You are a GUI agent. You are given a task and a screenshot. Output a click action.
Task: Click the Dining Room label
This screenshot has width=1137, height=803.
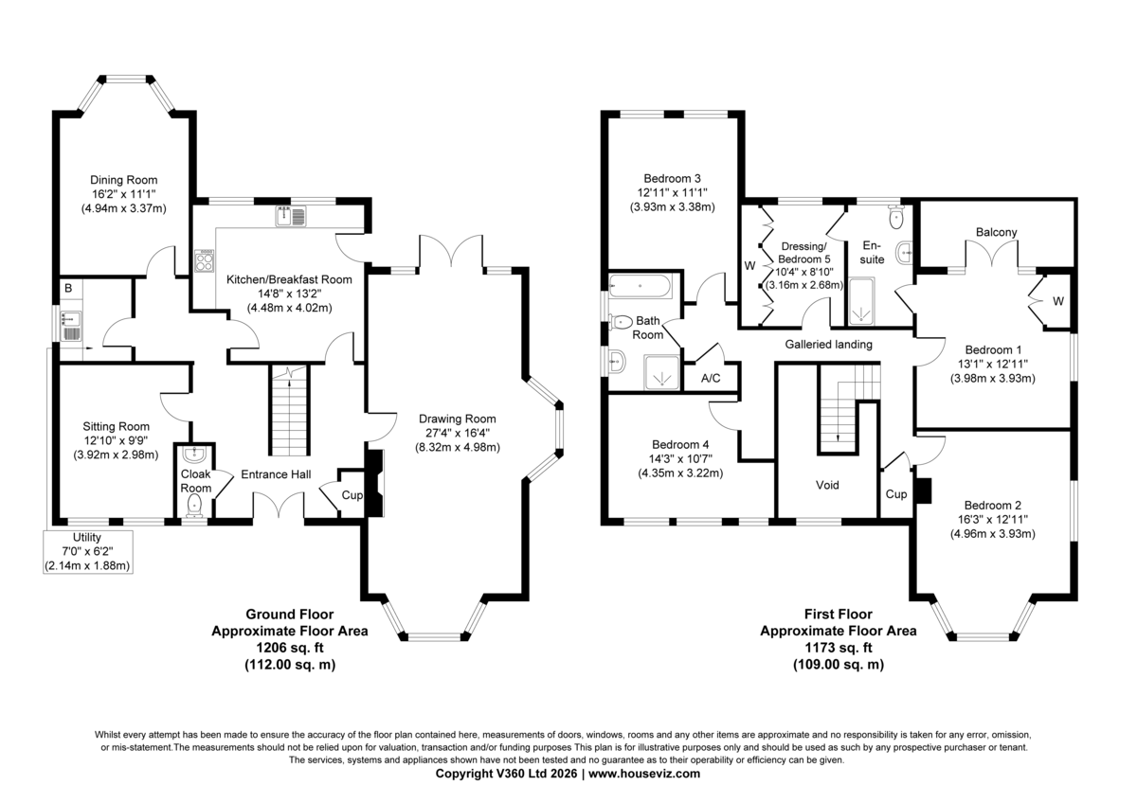124,180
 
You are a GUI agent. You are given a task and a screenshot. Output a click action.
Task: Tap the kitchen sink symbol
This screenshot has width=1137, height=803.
291,216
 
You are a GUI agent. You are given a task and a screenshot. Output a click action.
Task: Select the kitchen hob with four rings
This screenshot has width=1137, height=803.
205,260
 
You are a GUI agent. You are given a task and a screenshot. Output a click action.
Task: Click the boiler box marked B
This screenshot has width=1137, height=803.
68,289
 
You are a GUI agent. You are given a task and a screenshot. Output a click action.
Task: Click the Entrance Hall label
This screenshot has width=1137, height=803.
276,474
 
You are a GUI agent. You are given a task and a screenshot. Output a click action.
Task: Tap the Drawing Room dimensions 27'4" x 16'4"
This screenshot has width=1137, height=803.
458,433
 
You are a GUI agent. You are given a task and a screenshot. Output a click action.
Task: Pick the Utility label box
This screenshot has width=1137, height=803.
88,552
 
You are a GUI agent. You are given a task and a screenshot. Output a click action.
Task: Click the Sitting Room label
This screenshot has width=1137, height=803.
117,427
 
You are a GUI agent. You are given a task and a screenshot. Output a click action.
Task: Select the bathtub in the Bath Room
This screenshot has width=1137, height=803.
641,286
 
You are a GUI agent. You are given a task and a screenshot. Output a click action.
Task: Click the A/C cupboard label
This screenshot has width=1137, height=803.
711,379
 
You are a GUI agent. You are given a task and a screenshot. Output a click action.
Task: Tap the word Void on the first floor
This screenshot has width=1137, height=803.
827,486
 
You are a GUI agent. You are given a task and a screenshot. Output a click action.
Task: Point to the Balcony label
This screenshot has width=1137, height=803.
997,232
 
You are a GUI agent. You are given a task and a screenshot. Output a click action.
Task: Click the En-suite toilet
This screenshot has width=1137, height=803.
896,217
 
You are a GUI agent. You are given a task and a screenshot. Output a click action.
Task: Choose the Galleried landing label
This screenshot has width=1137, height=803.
829,345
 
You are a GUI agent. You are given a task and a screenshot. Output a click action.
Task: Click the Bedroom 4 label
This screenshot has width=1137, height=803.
680,445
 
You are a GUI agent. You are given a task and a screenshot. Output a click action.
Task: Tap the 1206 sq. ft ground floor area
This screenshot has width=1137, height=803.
290,648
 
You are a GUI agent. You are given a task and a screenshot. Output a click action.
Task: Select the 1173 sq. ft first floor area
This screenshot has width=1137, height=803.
839,648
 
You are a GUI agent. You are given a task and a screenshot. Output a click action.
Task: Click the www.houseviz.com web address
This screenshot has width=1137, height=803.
644,774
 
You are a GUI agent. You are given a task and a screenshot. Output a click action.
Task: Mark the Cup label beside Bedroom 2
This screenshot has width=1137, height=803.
896,494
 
